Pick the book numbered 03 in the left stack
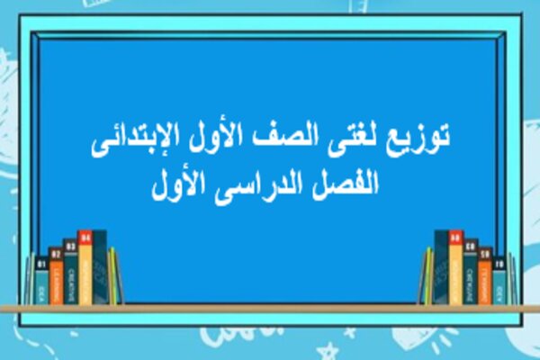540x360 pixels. coord(70,274)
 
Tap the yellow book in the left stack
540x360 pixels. coord(85,268)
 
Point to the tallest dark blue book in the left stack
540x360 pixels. coord(100,265)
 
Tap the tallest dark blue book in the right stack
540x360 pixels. coord(441,267)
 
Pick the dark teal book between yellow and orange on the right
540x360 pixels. coord(471,273)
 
